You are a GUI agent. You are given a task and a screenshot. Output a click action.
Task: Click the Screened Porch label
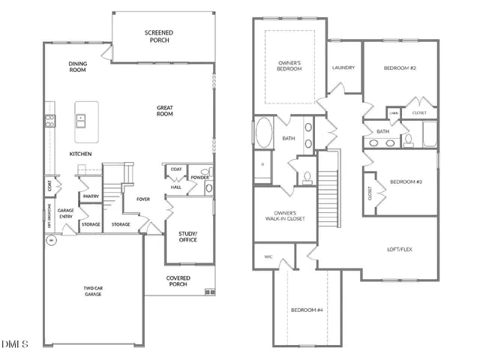[159, 36]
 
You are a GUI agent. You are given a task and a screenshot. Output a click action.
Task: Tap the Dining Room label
[78, 67]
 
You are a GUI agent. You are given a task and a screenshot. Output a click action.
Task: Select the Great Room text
[165, 111]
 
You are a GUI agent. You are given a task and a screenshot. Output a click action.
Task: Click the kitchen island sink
[80, 118]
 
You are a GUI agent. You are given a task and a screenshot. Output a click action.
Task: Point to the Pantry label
[91, 196]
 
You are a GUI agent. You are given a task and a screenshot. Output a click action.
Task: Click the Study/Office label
[187, 238]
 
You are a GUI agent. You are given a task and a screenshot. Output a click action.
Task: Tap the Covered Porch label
[178, 281]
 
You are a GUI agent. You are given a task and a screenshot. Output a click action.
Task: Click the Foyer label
[143, 199]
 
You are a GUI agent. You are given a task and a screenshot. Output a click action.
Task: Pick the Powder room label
[199, 178]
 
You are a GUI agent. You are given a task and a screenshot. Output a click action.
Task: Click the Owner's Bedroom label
[289, 65]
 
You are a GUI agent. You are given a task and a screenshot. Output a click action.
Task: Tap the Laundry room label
[343, 67]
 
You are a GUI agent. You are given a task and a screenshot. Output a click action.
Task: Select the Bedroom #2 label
[400, 68]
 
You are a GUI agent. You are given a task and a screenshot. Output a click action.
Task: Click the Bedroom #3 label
[405, 181]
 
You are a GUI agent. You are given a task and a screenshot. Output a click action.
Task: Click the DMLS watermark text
[15, 344]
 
